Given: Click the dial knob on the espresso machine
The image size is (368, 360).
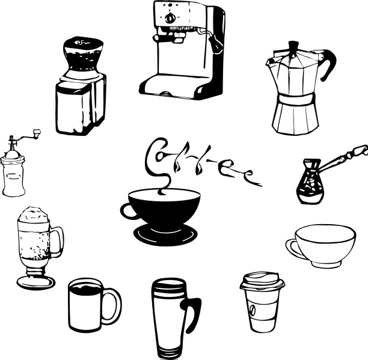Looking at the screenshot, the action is coord(170,18).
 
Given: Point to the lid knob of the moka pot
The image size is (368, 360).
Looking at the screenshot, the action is coord(293,46).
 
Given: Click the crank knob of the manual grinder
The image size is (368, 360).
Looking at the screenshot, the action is coord(37,133).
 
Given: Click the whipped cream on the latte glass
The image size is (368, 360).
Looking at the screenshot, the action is coord(34,214).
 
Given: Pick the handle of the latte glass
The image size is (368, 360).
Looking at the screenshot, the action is coord(57,242).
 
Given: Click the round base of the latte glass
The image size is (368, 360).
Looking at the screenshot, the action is coord(36,282).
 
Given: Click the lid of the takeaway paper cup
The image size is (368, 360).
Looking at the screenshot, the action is coord(262,281).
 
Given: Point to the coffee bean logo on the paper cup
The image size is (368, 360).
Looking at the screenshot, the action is coord(253,310).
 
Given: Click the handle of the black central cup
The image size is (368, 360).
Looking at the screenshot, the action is coord(128,212).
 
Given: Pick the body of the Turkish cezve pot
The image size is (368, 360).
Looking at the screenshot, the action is coord(310,182).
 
